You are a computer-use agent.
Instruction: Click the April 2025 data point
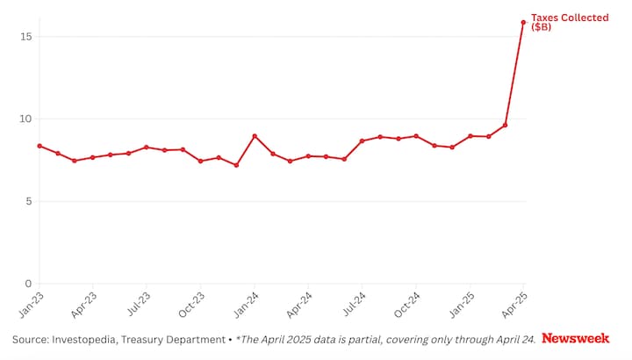pyautogui.click(x=524, y=23)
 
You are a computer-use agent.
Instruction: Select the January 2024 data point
pyautogui.click(x=255, y=136)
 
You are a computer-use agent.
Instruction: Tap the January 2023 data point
pyautogui.click(x=39, y=146)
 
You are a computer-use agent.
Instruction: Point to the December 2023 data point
pyautogui.click(x=236, y=165)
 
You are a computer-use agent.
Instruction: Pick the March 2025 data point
pyautogui.click(x=506, y=125)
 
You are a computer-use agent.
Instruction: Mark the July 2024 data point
pyautogui.click(x=363, y=140)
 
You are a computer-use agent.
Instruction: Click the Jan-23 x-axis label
pyautogui.click(x=31, y=304)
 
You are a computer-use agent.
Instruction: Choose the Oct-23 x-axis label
pyautogui.click(x=192, y=304)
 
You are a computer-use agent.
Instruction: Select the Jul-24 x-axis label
pyautogui.click(x=354, y=304)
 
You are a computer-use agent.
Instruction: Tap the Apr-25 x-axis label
pyautogui.click(x=515, y=304)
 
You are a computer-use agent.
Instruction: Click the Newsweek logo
pyautogui.click(x=575, y=338)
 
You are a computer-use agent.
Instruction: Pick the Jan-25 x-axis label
pyautogui.click(x=462, y=304)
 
